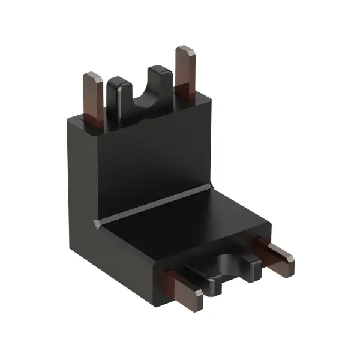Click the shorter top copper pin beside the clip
tap(93, 96)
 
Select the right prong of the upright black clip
tap(161, 84)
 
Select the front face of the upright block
tap(150, 156)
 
